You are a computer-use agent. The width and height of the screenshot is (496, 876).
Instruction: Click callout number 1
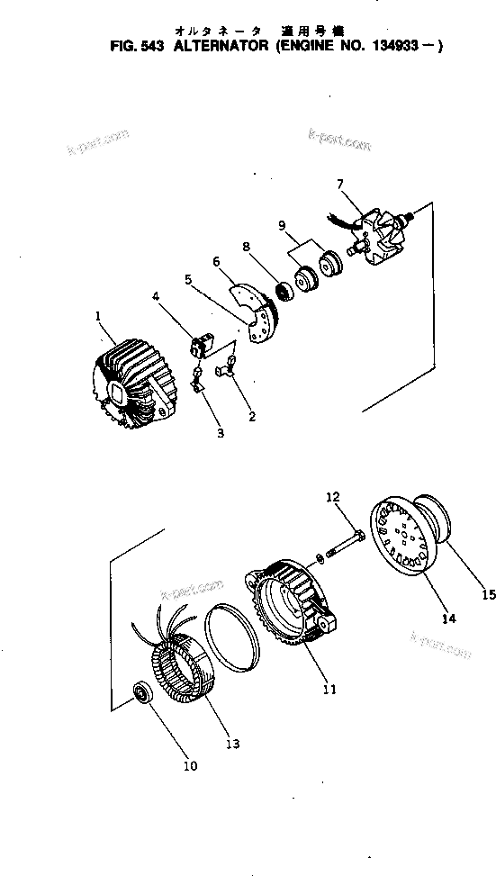pyautogui.click(x=96, y=316)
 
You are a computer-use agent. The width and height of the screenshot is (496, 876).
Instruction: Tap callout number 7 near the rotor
pyautogui.click(x=339, y=185)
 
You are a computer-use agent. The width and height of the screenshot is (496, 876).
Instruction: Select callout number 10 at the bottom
pyautogui.click(x=190, y=766)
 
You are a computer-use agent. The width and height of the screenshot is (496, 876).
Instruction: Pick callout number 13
pyautogui.click(x=232, y=744)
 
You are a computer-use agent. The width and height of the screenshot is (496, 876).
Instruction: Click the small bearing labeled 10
pyautogui.click(x=141, y=694)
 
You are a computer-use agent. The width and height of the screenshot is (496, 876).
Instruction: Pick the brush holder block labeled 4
pyautogui.click(x=200, y=343)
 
